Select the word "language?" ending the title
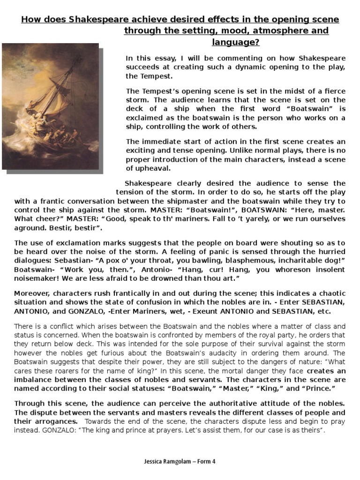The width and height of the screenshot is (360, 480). click(x=237, y=43)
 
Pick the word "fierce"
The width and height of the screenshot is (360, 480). click(x=333, y=91)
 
